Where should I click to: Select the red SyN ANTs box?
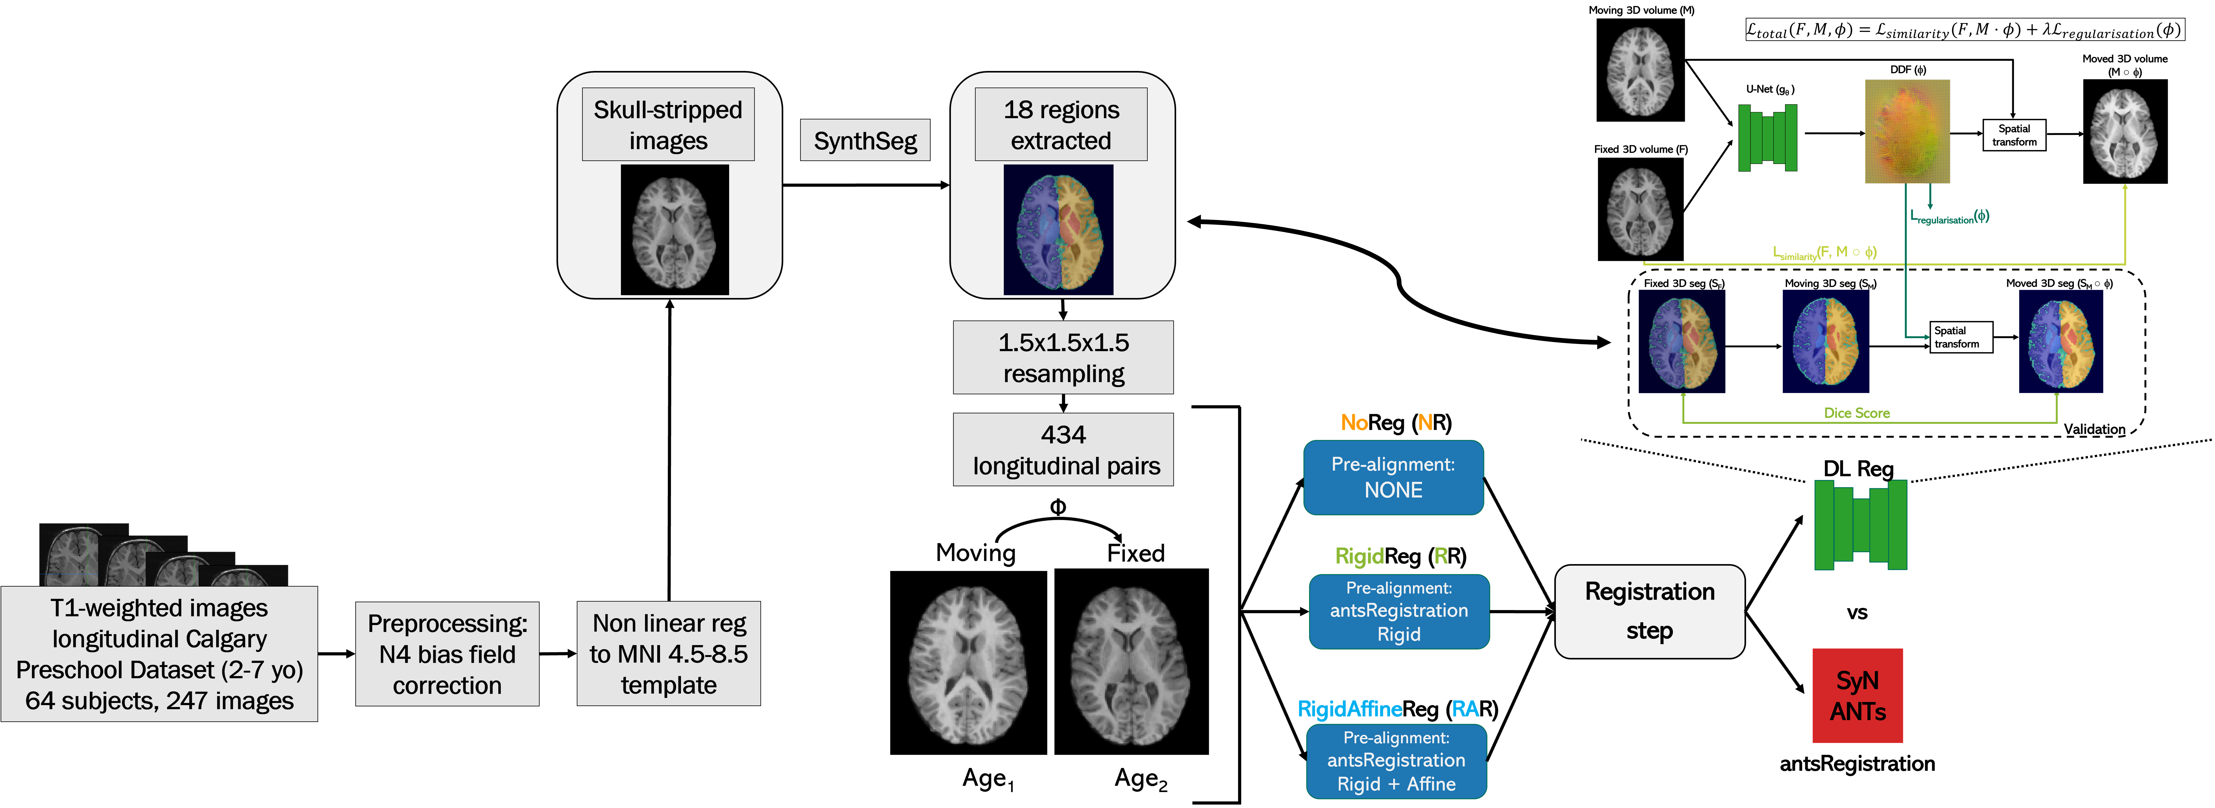[1857, 695]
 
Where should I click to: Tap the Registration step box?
[1649, 611]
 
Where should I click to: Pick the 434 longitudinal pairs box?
[1064, 450]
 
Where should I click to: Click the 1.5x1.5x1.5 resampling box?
[1064, 358]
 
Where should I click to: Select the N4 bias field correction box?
[447, 654]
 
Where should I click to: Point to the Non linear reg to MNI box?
[668, 654]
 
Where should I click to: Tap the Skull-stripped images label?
[668, 125]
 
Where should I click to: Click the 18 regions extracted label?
[1061, 125]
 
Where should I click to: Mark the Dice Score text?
[1856, 413]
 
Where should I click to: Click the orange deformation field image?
[1906, 132]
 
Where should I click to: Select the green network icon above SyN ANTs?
[1860, 524]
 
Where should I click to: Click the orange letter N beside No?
[1425, 422]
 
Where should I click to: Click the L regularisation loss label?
[1949, 217]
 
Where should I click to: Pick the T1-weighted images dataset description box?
[159, 654]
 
